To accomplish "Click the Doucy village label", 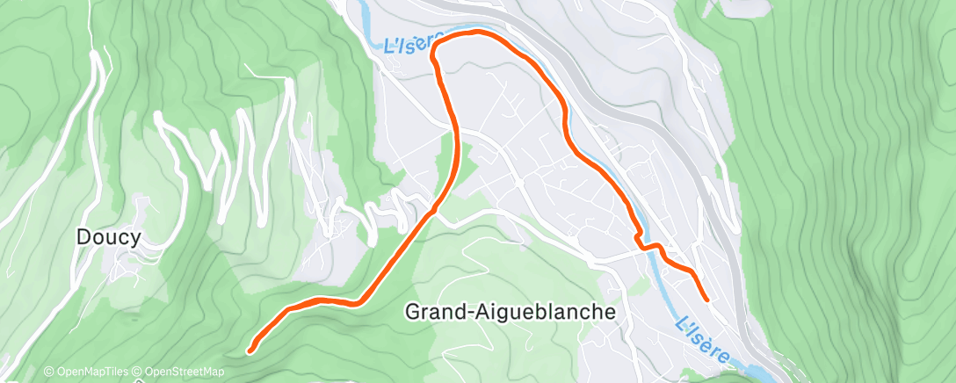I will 109,236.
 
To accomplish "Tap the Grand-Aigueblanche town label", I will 511,311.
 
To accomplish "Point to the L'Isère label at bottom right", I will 704,337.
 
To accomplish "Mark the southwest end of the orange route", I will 250,350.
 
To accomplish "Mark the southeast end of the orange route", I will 706,300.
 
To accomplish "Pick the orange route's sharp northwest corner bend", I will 433,60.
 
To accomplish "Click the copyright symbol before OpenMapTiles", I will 49,372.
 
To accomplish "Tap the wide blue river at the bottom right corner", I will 756,370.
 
